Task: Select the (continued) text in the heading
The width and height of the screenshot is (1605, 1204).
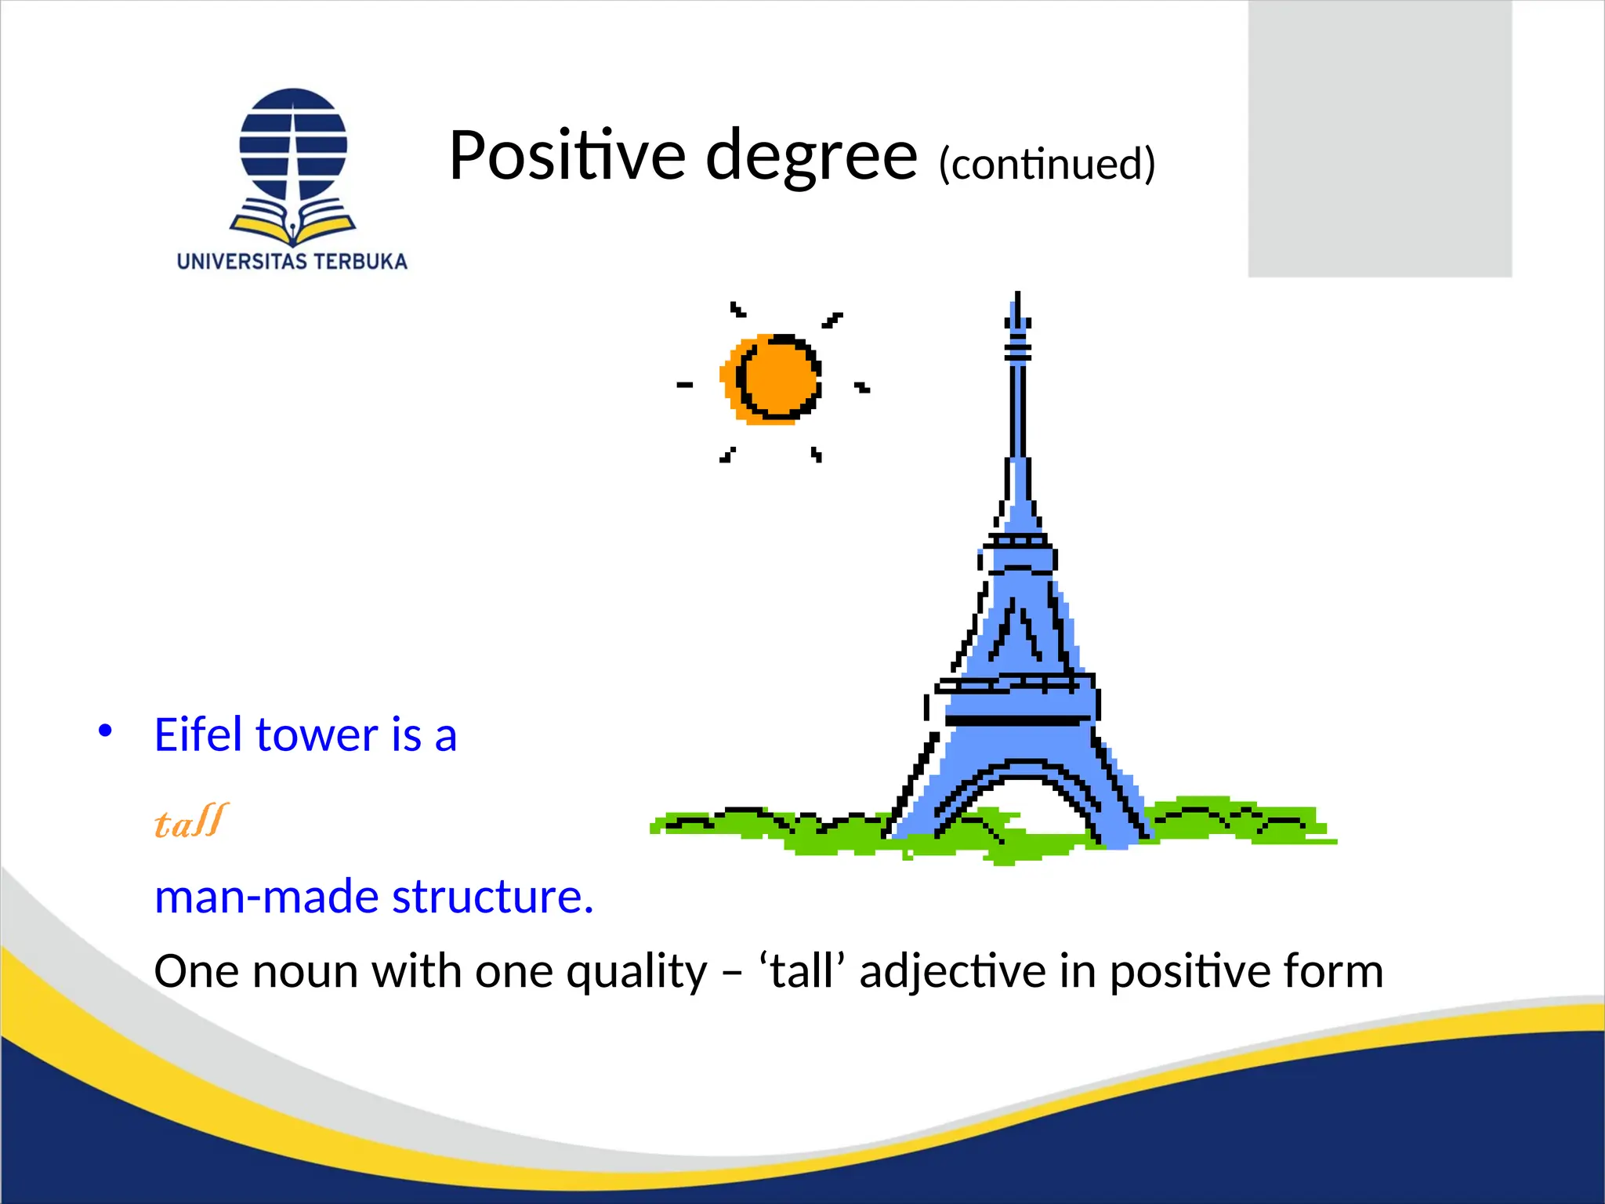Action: [x=1046, y=163]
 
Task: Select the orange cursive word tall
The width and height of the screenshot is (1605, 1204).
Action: [x=191, y=821]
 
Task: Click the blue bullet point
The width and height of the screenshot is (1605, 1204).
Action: [x=105, y=731]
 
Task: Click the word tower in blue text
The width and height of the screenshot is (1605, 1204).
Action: [x=317, y=735]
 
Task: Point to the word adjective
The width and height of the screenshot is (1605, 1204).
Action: [x=952, y=972]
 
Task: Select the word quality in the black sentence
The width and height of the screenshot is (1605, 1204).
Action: [x=636, y=972]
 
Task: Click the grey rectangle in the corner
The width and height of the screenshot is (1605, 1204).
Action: [x=1379, y=138]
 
